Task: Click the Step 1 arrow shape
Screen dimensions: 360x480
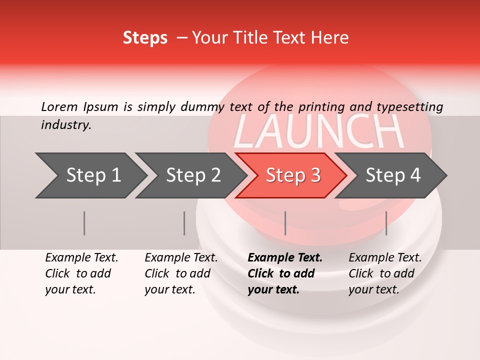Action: [x=92, y=175]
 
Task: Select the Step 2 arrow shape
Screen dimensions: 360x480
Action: [x=193, y=175]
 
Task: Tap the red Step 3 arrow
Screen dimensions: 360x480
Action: [x=293, y=175]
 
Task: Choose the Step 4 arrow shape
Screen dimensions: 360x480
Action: [x=393, y=175]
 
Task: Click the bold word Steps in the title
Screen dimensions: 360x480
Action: [x=145, y=38]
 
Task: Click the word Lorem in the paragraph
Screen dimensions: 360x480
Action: [x=59, y=106]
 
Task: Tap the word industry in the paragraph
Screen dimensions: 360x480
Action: [x=65, y=125]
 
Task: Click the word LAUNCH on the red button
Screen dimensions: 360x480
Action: [x=318, y=131]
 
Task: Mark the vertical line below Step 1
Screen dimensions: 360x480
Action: [x=84, y=223]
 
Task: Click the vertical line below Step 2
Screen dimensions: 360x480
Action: [x=184, y=223]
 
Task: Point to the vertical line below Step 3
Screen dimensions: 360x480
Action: [x=285, y=223]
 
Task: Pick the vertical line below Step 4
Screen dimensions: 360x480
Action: [x=386, y=223]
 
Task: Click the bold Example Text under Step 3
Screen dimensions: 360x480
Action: [x=285, y=258]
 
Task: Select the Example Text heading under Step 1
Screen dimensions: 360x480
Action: [x=81, y=258]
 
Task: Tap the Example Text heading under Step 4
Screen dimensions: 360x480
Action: [x=385, y=258]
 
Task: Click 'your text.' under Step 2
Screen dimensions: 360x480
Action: [x=170, y=289]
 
